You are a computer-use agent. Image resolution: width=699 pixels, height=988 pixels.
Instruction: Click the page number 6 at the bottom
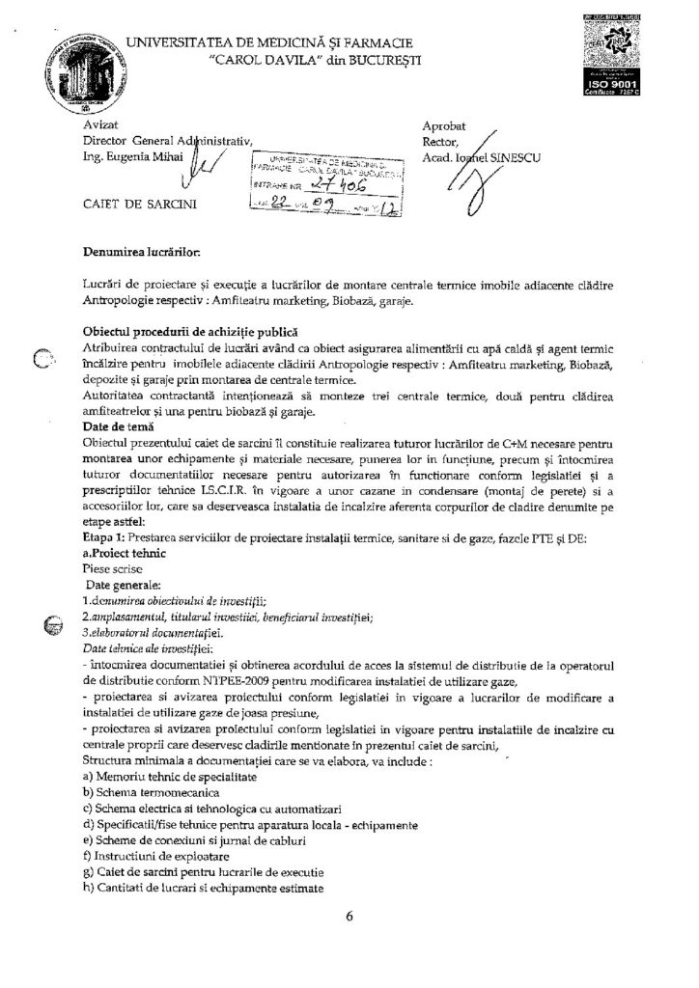point(349,917)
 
